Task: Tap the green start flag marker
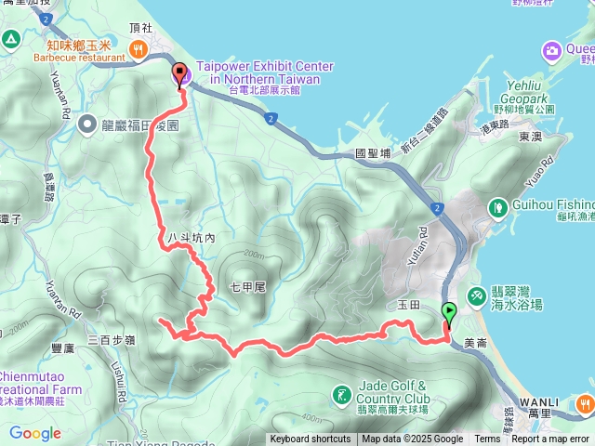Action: pyautogui.click(x=450, y=314)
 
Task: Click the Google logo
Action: pyautogui.click(x=35, y=433)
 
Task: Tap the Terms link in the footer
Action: pyautogui.click(x=487, y=439)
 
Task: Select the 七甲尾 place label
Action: pyautogui.click(x=247, y=287)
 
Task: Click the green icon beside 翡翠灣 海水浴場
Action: pyautogui.click(x=476, y=295)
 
